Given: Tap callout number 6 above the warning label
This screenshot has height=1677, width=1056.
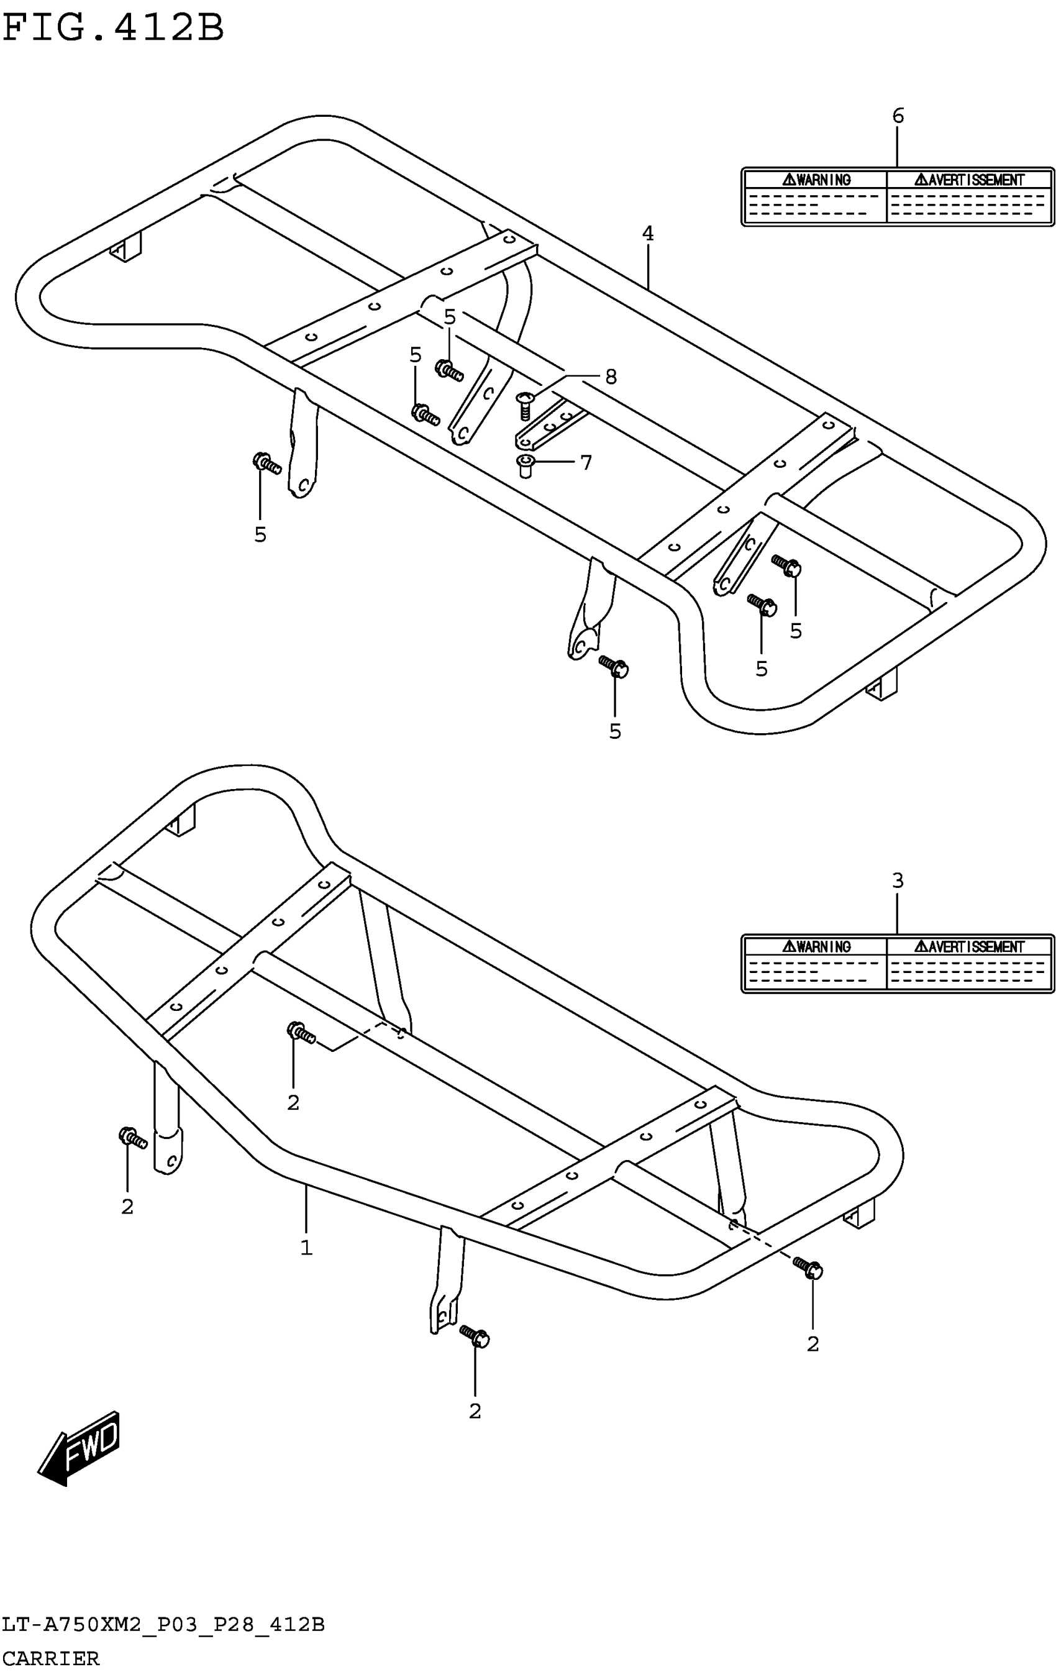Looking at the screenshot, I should [x=897, y=116].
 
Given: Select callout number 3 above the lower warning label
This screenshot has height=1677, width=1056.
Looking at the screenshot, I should [x=897, y=881].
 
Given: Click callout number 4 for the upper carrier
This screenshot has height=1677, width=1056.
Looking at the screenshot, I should [x=647, y=234].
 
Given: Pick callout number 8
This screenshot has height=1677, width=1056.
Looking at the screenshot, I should [x=611, y=377].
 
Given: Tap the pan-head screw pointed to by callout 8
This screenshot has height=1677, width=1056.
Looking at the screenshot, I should [x=525, y=404].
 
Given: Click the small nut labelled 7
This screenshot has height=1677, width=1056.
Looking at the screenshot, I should [x=526, y=465].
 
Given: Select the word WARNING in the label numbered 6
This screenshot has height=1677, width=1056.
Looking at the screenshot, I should [x=817, y=180].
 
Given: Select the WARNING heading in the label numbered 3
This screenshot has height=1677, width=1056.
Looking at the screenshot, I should [x=817, y=946].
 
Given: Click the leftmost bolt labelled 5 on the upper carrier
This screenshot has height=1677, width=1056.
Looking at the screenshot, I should [x=266, y=463].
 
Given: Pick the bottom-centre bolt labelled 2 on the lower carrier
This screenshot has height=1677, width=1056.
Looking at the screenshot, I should [x=475, y=1336].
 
